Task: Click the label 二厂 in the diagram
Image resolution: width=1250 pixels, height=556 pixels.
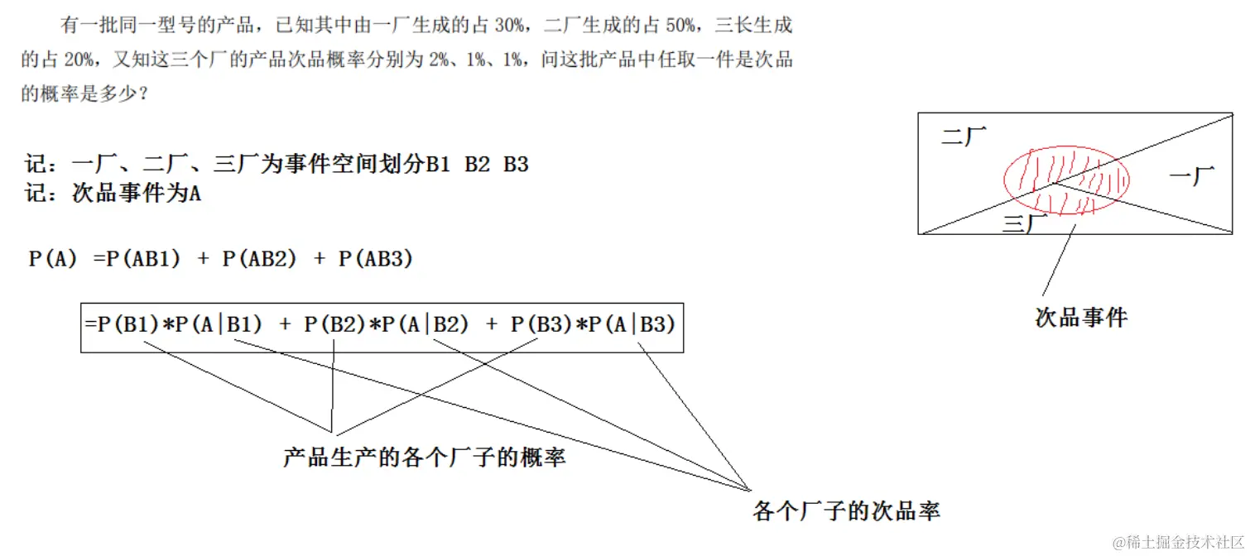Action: pyautogui.click(x=964, y=137)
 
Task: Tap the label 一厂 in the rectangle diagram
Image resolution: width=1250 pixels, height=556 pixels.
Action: pyautogui.click(x=1191, y=175)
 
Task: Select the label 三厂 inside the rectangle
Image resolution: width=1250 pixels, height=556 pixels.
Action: pyautogui.click(x=1018, y=223)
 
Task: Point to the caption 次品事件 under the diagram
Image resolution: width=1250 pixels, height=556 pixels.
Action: pyautogui.click(x=1081, y=317)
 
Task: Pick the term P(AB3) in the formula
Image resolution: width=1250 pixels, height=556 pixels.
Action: pyautogui.click(x=376, y=259)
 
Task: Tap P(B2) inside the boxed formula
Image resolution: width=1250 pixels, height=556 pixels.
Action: pyautogui.click(x=334, y=325)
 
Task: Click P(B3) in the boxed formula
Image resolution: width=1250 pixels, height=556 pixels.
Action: pyautogui.click(x=541, y=325)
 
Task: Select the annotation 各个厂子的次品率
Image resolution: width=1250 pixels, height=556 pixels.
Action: pyautogui.click(x=846, y=510)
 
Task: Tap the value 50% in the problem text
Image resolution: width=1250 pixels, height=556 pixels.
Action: pyautogui.click(x=678, y=26)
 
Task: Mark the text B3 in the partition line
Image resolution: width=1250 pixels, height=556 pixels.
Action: pyautogui.click(x=516, y=165)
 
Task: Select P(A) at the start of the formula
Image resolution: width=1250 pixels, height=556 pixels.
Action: pyautogui.click(x=53, y=259)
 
